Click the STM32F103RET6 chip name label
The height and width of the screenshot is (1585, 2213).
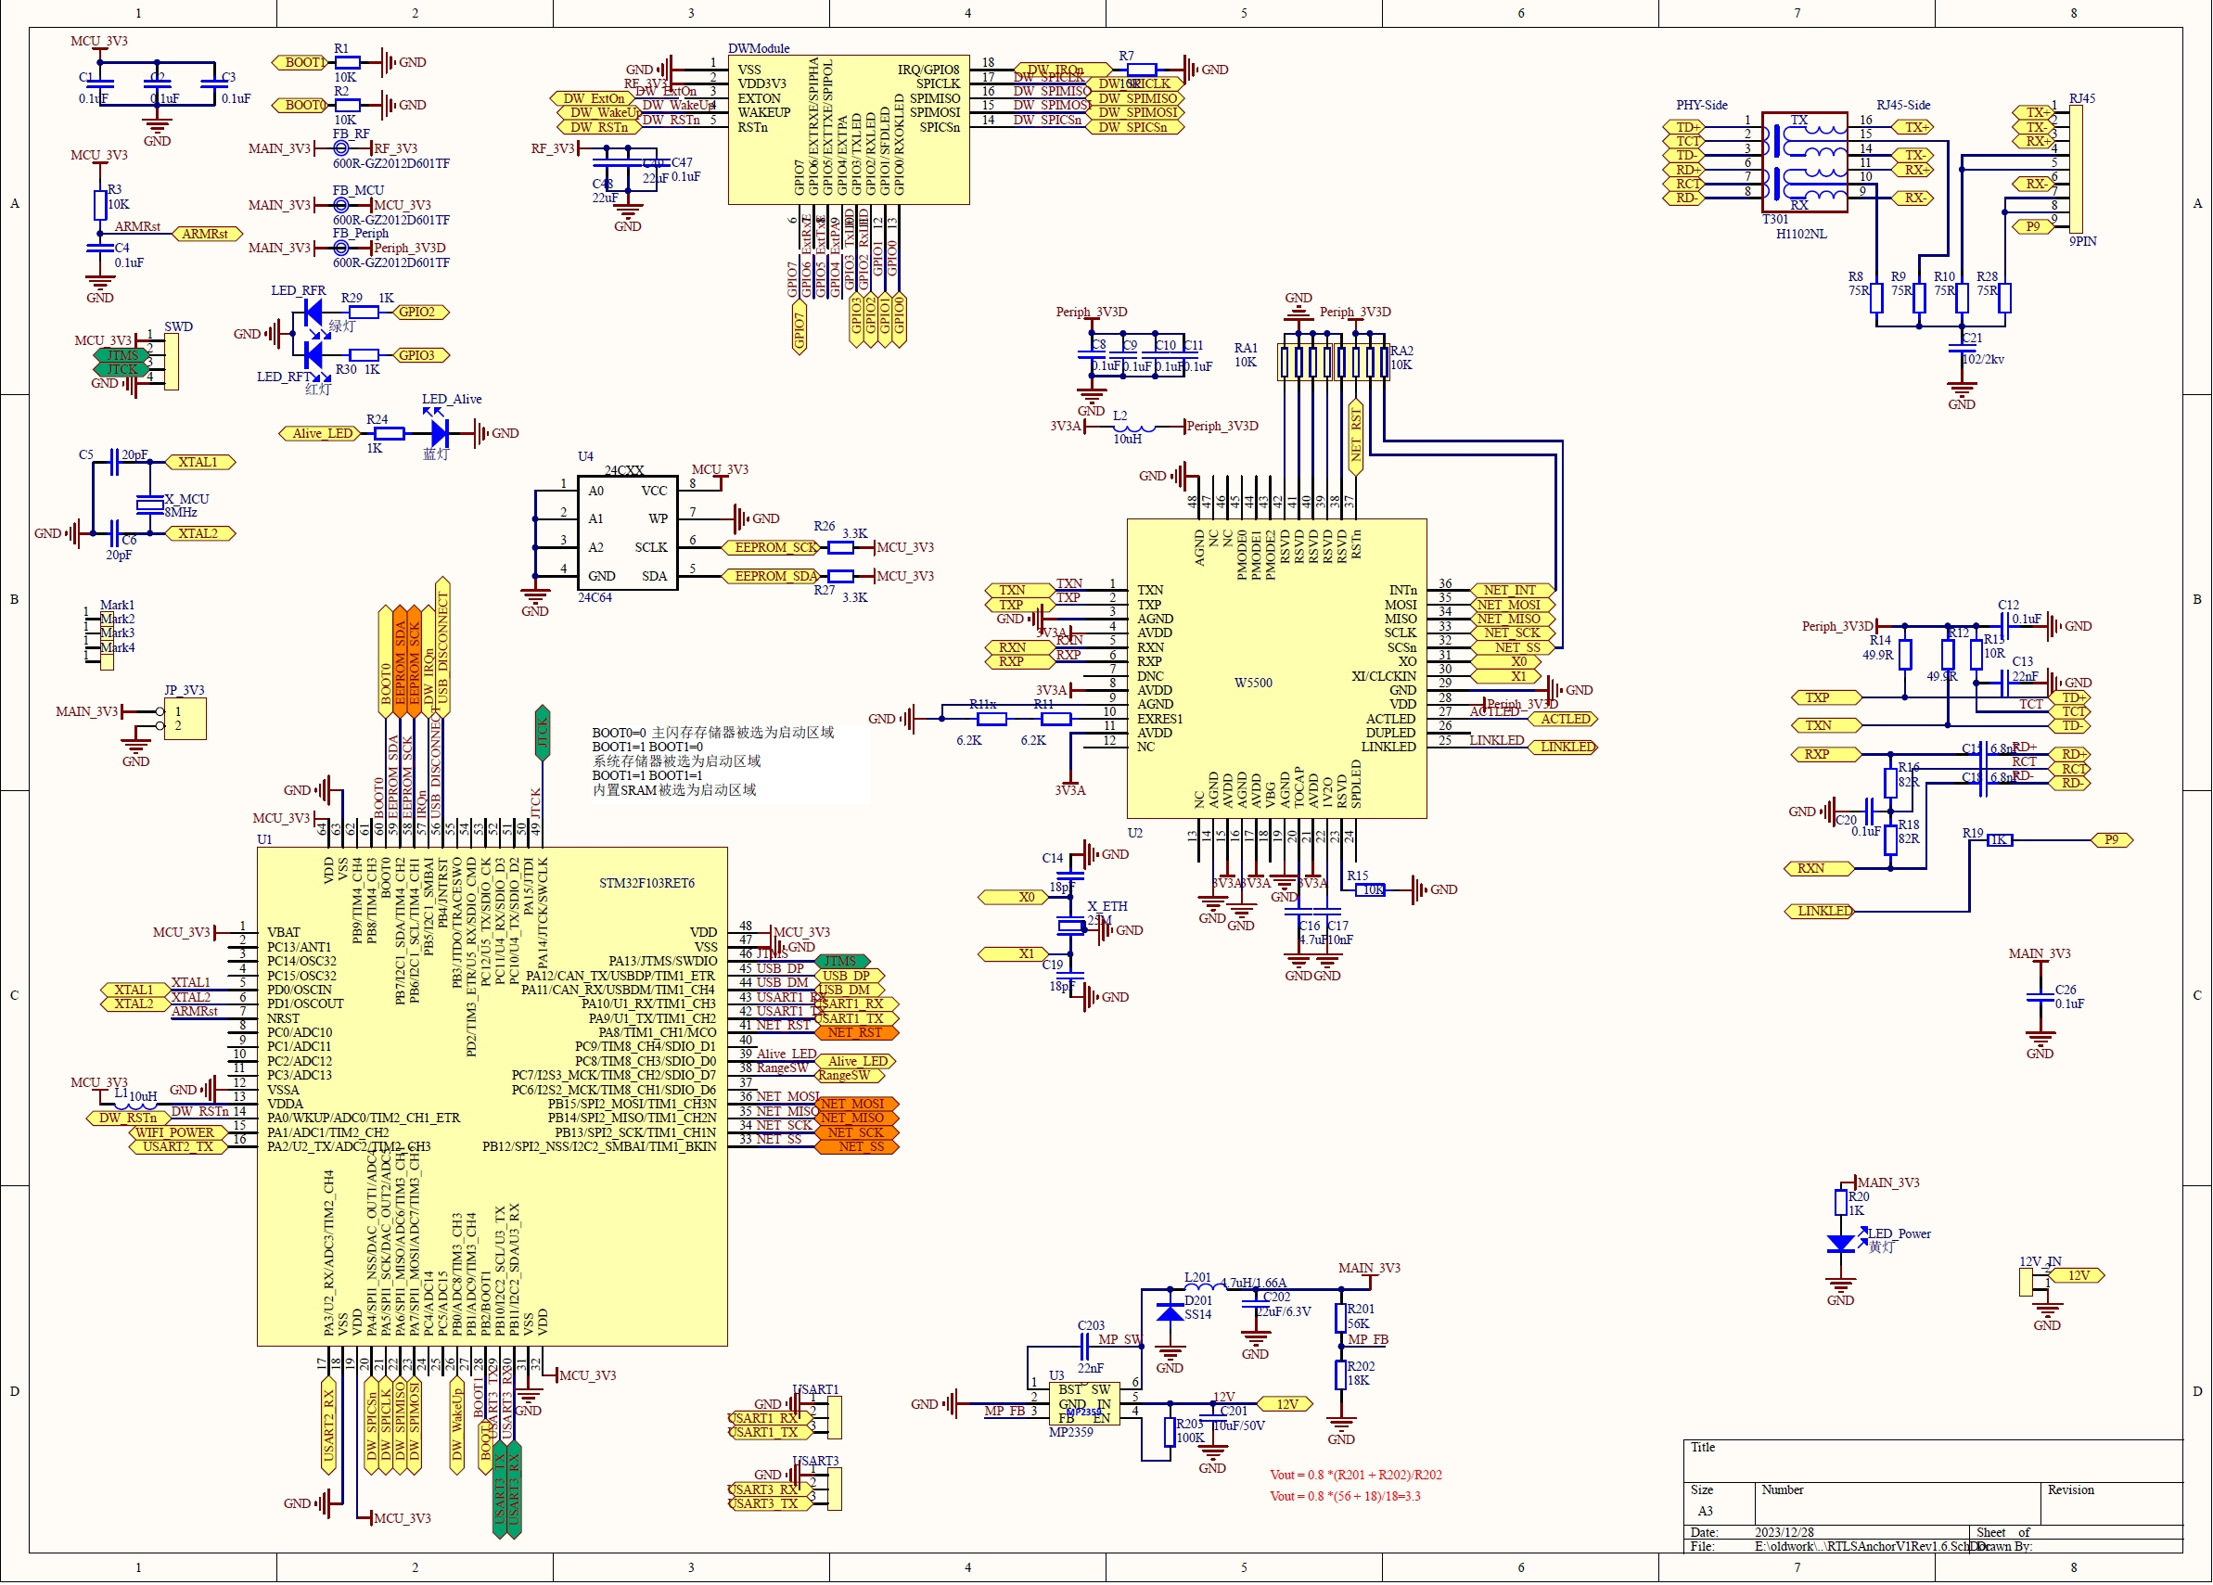646,883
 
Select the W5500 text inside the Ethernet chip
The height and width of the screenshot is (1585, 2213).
1253,684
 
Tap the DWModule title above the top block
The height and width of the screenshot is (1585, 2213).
758,48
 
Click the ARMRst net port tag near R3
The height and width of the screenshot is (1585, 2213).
206,235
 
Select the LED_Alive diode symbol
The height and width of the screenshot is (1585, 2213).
439,433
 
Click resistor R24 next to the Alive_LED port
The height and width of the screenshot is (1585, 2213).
389,433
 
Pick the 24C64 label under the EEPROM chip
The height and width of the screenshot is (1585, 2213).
595,598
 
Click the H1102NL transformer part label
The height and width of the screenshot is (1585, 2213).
1801,235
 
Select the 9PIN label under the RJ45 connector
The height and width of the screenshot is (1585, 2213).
2082,241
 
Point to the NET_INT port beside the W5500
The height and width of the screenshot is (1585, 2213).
1511,591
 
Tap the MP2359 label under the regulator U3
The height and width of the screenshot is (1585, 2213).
1070,1433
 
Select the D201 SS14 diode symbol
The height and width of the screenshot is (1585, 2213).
1170,1312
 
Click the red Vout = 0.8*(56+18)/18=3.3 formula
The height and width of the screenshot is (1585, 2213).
1345,1497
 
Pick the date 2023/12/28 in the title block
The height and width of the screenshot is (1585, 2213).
1784,1533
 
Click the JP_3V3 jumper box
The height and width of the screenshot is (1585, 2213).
185,720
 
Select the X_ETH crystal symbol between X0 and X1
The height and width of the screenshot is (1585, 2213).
1071,927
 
